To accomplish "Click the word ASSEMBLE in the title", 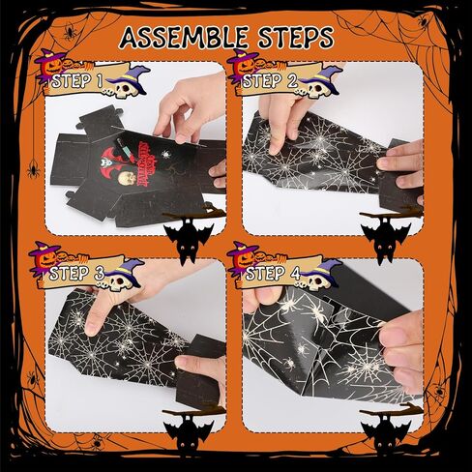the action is [x=184, y=38].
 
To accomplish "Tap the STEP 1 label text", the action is [x=76, y=81].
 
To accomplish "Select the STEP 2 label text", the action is [x=270, y=81].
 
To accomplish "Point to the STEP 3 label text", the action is [x=76, y=274].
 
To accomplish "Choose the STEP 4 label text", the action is [x=273, y=274].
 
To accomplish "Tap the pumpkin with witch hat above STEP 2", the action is [x=245, y=65].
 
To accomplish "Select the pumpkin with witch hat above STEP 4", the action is [x=243, y=256].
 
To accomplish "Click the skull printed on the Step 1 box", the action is [x=127, y=178].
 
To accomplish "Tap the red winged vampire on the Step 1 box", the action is [x=110, y=159].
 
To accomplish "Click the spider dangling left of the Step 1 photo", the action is [x=33, y=169].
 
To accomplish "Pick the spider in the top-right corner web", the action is [x=423, y=20].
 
